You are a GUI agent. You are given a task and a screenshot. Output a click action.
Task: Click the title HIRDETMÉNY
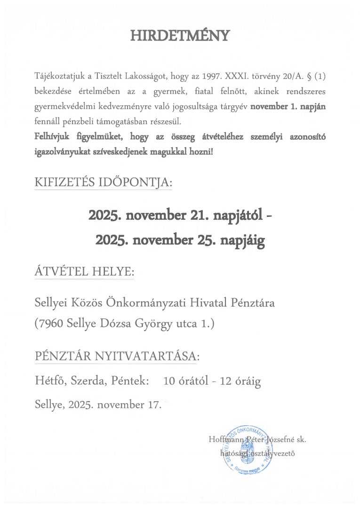[180, 36]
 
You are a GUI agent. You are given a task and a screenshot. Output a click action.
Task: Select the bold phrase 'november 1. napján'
[288, 106]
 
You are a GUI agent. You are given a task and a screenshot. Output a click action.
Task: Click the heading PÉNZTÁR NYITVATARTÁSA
[117, 357]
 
